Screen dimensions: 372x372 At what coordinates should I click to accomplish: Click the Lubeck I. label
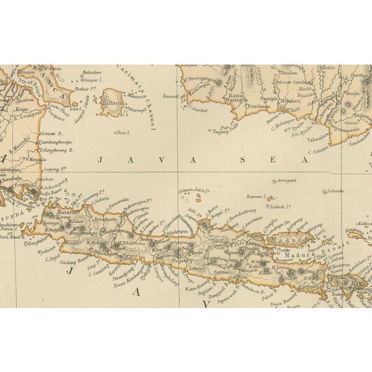coord(278,206)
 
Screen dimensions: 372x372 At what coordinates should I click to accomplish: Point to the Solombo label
coord(335,191)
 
